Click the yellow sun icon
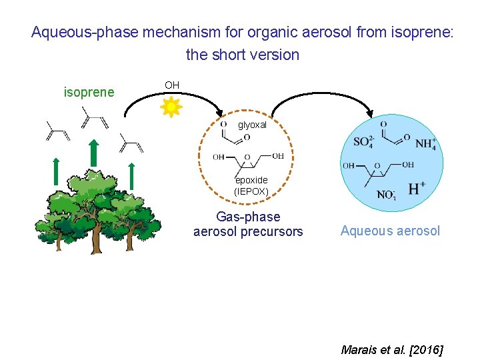pyautogui.click(x=171, y=107)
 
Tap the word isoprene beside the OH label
pyautogui.click(x=89, y=92)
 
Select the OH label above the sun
pyautogui.click(x=172, y=85)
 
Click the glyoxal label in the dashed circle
pyautogui.click(x=252, y=125)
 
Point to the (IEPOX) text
pyautogui.click(x=251, y=191)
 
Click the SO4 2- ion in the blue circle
pyautogui.click(x=364, y=142)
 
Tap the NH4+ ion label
pyautogui.click(x=425, y=143)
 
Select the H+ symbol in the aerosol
pyautogui.click(x=416, y=189)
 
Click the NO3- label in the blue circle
pyautogui.click(x=387, y=195)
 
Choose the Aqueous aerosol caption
pyautogui.click(x=390, y=231)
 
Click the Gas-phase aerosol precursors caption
pyautogui.click(x=248, y=224)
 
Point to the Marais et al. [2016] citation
pyautogui.click(x=391, y=349)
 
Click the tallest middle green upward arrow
pyautogui.click(x=94, y=156)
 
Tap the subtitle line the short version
pyautogui.click(x=243, y=55)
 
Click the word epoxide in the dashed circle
pyautogui.click(x=251, y=180)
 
